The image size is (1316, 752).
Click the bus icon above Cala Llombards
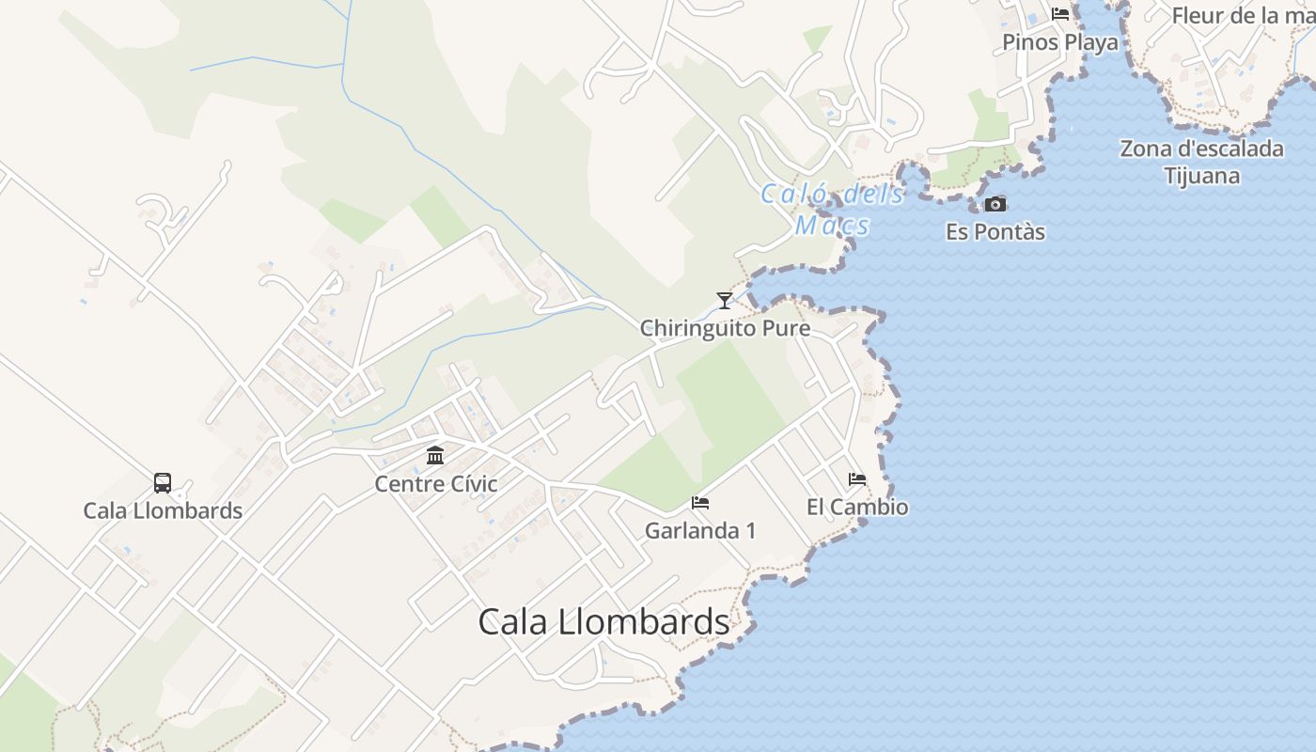[163, 483]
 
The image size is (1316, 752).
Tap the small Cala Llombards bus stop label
[163, 511]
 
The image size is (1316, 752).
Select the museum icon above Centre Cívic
[435, 456]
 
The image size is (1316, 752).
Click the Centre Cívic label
[436, 484]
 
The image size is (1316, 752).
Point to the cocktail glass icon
[724, 301]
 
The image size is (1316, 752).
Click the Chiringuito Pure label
[725, 329]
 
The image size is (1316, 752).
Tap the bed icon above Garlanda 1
[700, 503]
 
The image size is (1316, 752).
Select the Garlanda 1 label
[700, 531]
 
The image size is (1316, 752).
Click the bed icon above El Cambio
[857, 479]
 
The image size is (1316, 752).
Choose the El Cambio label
[857, 508]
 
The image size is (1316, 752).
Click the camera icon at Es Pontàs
[995, 204]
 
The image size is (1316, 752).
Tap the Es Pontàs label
[995, 232]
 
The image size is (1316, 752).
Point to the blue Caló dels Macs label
[832, 210]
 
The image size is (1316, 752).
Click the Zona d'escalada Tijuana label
[1201, 162]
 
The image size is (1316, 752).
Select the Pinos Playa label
[1060, 42]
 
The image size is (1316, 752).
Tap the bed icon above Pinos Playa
[1060, 14]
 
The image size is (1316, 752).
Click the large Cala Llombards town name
[603, 622]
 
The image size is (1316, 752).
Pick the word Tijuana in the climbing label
[1201, 176]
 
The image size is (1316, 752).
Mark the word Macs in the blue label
[832, 226]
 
